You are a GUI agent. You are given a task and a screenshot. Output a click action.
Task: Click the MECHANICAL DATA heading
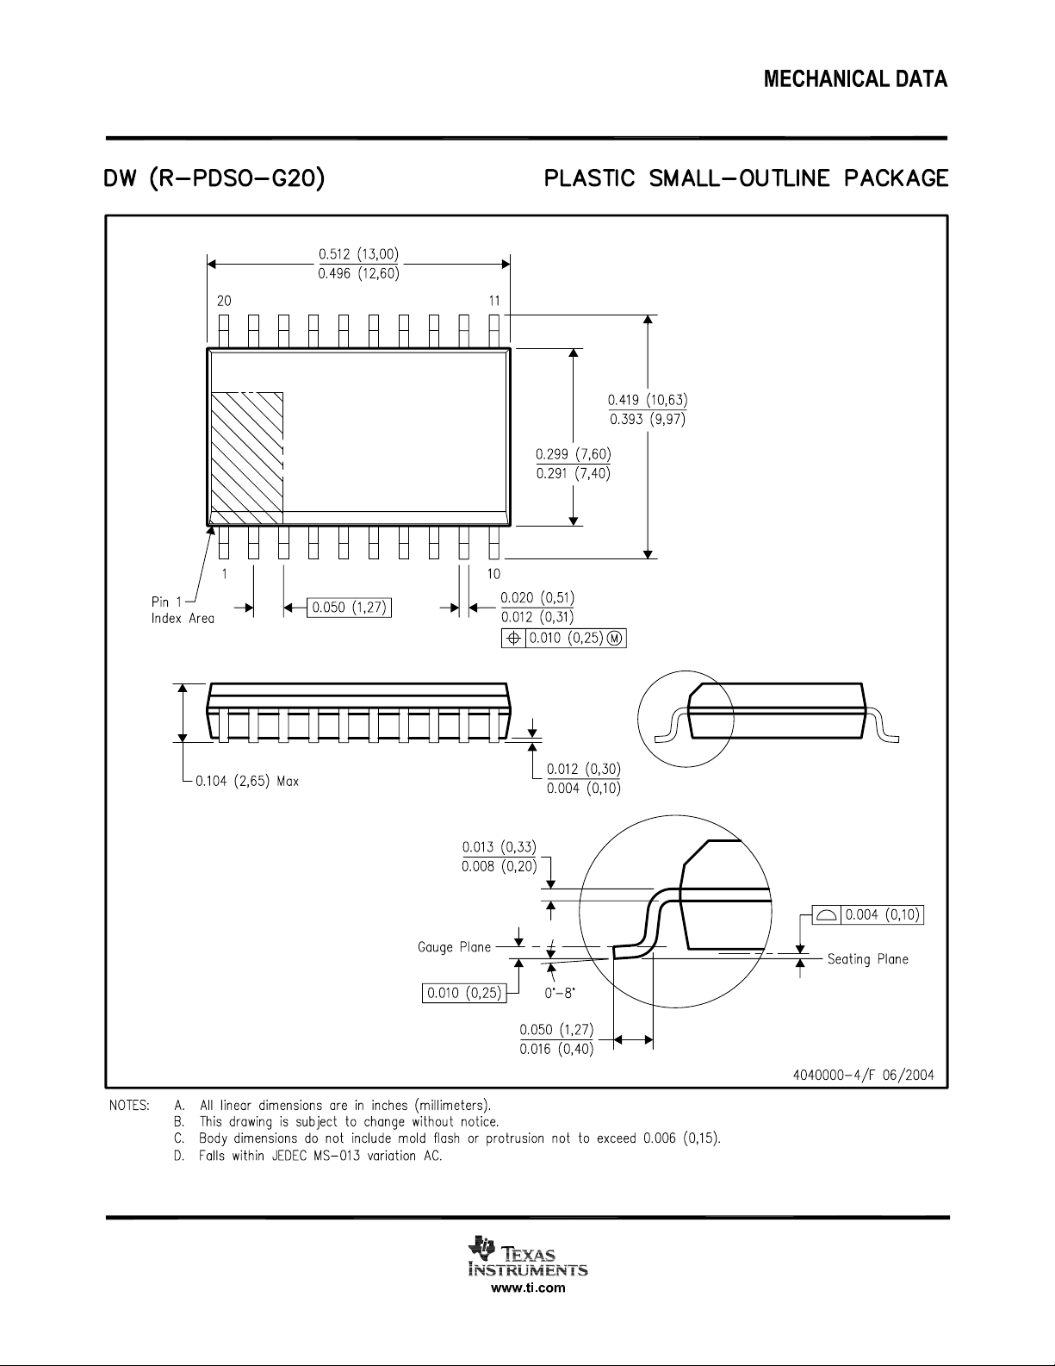855,79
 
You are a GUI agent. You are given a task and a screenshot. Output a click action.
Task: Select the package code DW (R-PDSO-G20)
214,179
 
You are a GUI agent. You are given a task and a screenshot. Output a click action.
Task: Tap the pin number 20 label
224,301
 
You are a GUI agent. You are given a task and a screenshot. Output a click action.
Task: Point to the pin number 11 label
494,301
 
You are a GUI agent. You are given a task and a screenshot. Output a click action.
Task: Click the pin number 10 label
494,573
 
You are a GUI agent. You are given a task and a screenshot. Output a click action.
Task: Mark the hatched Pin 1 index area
247,458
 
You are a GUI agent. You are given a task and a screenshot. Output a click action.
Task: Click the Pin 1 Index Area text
182,610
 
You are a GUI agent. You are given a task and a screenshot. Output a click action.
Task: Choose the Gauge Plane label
454,946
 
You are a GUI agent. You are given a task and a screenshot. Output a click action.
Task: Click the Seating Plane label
868,958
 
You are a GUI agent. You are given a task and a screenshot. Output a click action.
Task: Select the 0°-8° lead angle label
560,993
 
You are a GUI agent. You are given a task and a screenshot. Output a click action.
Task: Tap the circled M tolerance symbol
615,638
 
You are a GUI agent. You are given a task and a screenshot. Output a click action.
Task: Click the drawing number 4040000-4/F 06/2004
864,1075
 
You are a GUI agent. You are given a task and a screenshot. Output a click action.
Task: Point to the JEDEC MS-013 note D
307,1156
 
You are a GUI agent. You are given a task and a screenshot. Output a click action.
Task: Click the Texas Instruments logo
527,1257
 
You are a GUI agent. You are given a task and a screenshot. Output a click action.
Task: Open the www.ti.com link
528,1288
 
